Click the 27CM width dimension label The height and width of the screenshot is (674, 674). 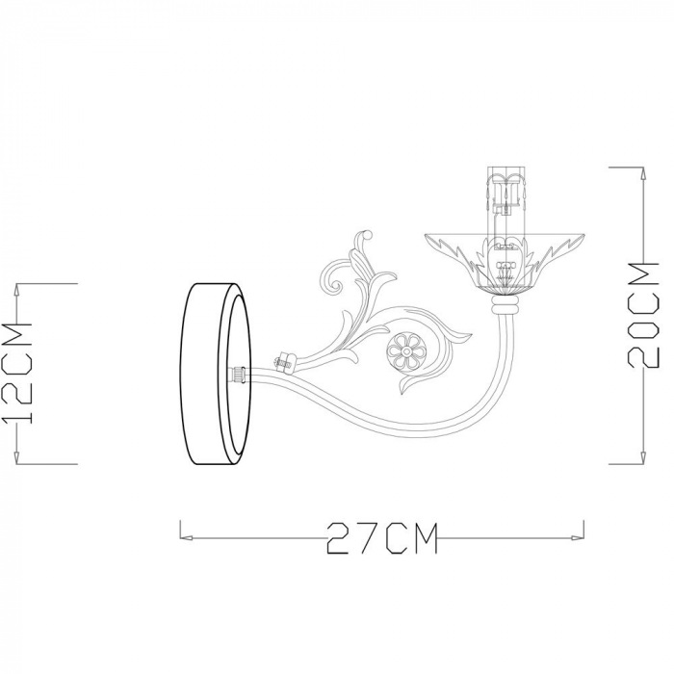[x=381, y=537]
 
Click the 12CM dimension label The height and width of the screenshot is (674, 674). [x=16, y=373]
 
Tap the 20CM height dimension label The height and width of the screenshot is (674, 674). [x=643, y=315]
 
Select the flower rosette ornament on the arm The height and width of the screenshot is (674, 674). [x=405, y=350]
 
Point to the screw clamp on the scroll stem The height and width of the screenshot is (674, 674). [x=285, y=360]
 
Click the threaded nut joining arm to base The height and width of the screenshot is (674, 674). [x=238, y=373]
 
